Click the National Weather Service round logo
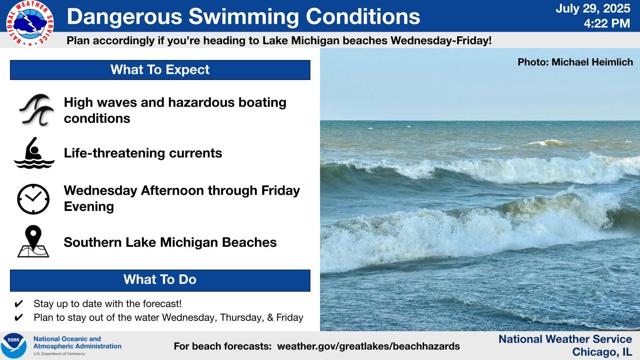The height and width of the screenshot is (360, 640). (30, 24)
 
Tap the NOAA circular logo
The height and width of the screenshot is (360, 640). (14, 346)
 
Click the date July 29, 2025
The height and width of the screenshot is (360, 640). (593, 8)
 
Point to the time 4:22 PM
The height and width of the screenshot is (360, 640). (607, 23)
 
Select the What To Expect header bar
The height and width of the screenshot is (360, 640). (160, 70)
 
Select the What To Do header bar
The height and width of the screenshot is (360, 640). (160, 280)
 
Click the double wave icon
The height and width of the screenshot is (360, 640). (36, 110)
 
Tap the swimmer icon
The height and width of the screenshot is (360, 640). (34, 153)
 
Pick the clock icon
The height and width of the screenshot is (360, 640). (33, 199)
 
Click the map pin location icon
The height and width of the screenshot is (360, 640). (33, 241)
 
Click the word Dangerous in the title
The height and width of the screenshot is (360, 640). (124, 17)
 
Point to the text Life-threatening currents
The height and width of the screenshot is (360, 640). (143, 153)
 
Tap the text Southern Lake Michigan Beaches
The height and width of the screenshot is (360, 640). (170, 242)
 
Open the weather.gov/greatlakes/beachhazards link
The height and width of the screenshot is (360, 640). (369, 346)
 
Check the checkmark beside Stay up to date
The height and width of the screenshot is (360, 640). (19, 304)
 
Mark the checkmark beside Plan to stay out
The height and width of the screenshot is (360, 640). (19, 317)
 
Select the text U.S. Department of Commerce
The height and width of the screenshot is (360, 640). (59, 354)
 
